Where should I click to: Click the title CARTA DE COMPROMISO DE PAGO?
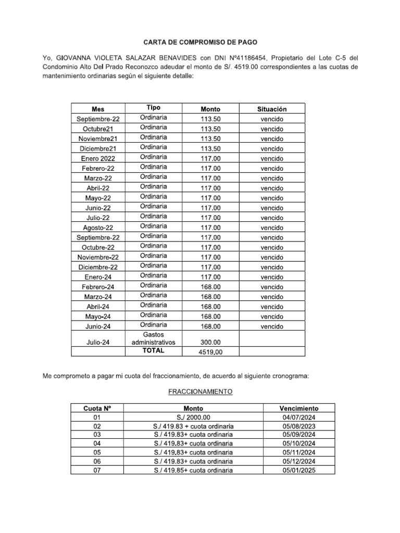point(201,42)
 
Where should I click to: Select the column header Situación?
point(272,109)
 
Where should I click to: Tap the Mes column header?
point(98,109)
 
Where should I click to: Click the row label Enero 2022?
point(98,158)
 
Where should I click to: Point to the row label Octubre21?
point(98,129)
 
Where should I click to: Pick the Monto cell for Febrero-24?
point(210,287)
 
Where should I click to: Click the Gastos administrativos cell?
point(154,338)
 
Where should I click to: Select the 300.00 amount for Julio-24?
point(210,342)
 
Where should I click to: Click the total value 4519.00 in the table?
point(210,352)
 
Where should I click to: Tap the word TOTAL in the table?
point(154,351)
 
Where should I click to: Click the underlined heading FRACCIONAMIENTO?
point(200,391)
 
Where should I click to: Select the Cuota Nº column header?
point(97,409)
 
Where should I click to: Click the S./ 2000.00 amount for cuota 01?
point(193,417)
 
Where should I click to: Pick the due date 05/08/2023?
point(299,426)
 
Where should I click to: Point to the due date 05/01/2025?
point(299,471)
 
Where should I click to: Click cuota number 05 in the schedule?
point(97,452)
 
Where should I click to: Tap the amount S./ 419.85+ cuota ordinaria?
point(193,471)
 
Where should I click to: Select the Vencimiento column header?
point(299,409)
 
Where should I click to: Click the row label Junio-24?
point(98,327)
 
